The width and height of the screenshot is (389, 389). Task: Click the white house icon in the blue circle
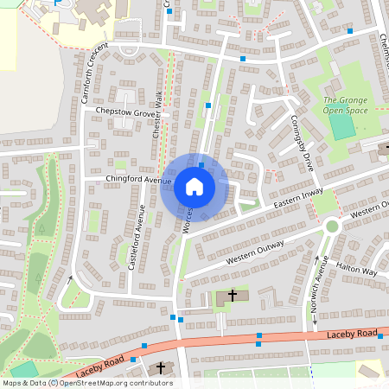pos(194,187)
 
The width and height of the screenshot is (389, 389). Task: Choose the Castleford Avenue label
pos(134,237)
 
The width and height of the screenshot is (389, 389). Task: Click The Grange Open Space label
pos(346,105)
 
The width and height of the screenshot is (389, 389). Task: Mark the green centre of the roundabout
pos(331,226)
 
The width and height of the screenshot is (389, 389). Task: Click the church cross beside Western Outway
pos(232,297)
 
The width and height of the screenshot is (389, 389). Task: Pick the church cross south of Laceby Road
pos(160,369)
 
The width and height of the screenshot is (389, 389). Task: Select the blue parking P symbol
pos(58,4)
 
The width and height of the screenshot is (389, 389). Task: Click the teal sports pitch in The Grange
pos(342,127)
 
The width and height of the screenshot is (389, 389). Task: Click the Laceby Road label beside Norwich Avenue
pos(352,334)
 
